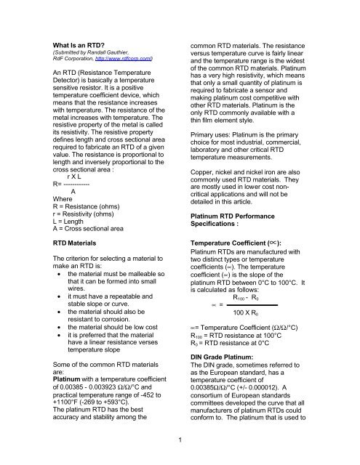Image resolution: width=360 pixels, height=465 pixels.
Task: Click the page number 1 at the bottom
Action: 180,438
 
